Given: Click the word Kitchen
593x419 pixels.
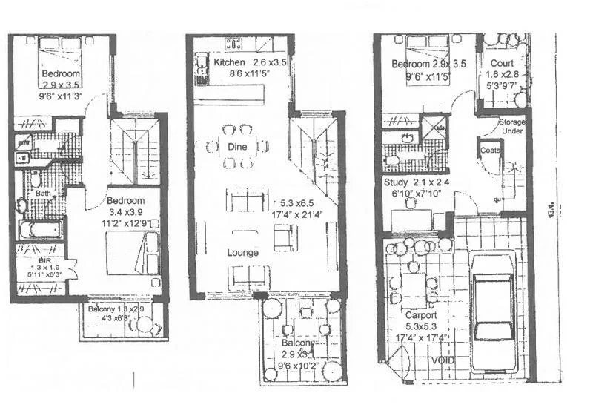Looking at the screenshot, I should [229, 62].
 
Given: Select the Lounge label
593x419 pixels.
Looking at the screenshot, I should [243, 253].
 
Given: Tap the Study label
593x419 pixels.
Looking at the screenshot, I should [397, 182].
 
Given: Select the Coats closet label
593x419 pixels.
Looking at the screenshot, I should [491, 150].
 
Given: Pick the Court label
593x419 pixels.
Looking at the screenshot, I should [502, 64].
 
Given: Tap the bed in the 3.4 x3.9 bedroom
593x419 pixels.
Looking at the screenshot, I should [132, 252].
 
